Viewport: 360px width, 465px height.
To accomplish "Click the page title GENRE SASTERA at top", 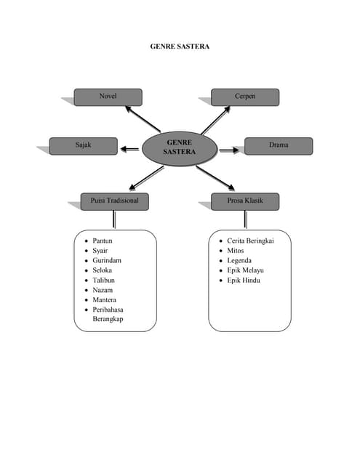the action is (x=180, y=46).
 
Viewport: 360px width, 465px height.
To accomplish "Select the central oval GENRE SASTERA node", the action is (x=180, y=148).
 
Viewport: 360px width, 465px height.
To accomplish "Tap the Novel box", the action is (x=108, y=97).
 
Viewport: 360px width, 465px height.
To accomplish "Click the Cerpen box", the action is (x=245, y=97).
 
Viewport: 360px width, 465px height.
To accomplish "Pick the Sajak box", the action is (x=84, y=146).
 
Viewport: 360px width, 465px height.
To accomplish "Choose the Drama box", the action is (x=279, y=146).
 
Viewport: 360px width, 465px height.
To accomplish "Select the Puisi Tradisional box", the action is (x=115, y=202).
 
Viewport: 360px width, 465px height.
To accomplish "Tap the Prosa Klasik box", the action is (x=245, y=202).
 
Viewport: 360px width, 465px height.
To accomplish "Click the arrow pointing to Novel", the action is (x=143, y=119).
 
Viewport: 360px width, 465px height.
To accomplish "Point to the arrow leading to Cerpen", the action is (x=215, y=120).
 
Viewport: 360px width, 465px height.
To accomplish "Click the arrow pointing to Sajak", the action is (x=129, y=149).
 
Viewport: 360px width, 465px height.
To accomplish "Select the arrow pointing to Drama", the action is (x=229, y=150).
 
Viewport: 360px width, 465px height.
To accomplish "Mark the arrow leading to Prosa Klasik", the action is (x=215, y=178).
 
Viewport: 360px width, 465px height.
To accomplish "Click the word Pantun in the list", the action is (x=103, y=240).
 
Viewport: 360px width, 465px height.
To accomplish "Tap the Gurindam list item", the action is (x=107, y=260).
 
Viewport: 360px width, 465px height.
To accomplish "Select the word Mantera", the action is (x=104, y=300).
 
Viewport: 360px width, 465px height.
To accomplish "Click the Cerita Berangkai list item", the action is (x=250, y=240).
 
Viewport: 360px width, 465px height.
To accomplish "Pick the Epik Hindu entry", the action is (x=244, y=280).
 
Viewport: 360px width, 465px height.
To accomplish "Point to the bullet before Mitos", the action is (x=221, y=251).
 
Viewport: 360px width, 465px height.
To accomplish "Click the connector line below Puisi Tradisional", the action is (x=114, y=219).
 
